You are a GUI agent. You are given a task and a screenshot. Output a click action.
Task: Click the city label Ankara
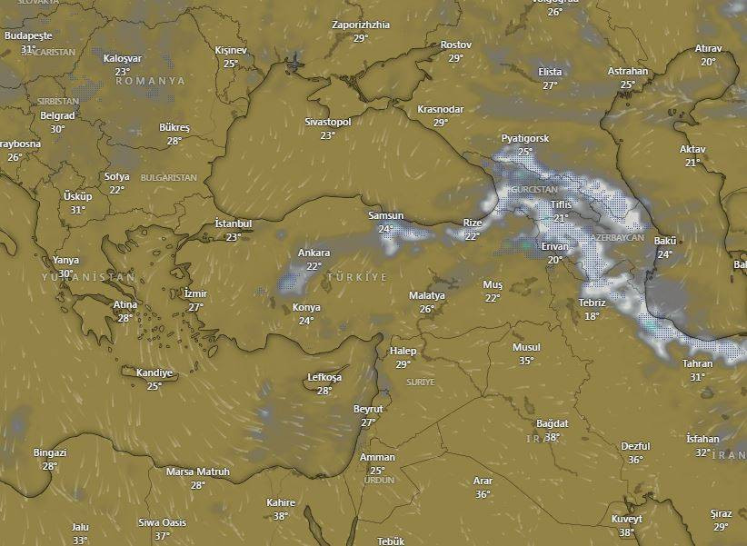(314, 253)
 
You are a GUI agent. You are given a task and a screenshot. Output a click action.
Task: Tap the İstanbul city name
(233, 223)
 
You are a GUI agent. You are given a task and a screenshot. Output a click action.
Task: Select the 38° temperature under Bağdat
(552, 437)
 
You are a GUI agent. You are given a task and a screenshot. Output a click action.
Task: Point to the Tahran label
(697, 363)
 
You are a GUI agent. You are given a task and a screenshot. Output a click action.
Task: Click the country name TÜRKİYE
(357, 276)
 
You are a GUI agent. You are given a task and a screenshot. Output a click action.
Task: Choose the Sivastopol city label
(327, 121)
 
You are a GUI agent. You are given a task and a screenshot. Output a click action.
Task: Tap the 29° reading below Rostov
(455, 57)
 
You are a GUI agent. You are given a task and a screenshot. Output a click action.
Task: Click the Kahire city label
(281, 502)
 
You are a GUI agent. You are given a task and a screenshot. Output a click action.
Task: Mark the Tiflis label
(562, 204)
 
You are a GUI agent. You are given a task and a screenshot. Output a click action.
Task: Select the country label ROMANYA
(150, 81)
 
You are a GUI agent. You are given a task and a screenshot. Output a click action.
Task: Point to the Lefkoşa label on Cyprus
(324, 377)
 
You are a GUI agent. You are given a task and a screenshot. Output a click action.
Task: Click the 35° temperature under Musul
(526, 361)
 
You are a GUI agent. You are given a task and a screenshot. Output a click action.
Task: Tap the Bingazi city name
(50, 452)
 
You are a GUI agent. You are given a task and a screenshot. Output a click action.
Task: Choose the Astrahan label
(628, 71)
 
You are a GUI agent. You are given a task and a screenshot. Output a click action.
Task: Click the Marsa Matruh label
(198, 472)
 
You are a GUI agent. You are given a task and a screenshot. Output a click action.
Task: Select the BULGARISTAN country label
(168, 178)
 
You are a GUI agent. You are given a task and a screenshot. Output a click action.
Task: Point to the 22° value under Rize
(472, 236)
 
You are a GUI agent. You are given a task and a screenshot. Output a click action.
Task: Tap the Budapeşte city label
(29, 35)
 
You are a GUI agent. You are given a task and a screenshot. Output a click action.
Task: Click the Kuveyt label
(627, 519)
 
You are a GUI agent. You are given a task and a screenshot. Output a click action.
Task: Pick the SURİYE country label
(421, 382)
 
